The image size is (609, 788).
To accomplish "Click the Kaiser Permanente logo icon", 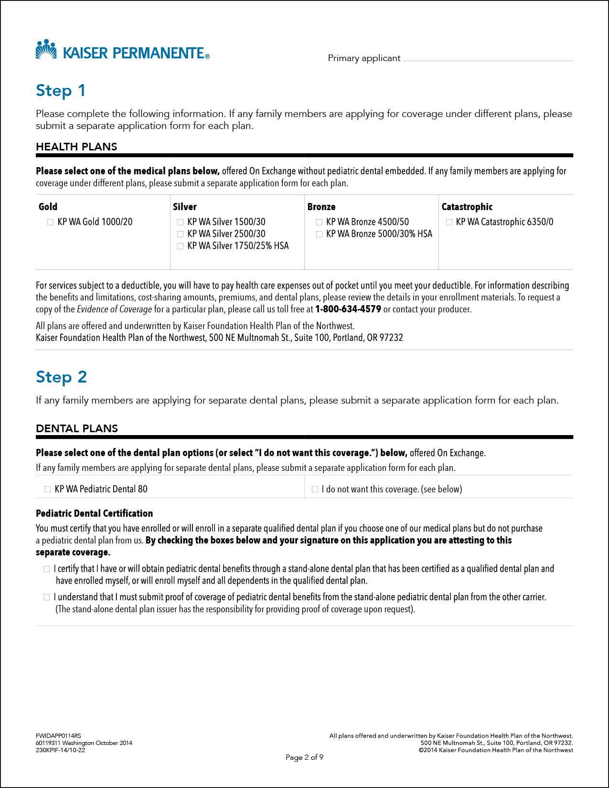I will point(46,49).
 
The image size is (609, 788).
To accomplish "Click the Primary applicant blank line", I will point(487,59).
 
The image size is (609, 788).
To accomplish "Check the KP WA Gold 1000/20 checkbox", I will point(51,222).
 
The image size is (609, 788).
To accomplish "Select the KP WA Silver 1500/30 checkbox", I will point(181,222).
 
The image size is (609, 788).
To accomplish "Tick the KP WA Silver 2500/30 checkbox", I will point(181,234).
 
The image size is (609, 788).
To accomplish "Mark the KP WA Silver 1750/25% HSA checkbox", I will point(181,246).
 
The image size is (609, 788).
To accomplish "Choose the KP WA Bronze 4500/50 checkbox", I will point(319,222).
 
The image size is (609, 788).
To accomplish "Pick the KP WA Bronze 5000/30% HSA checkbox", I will point(319,234).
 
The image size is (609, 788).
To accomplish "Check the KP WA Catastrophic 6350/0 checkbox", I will point(449,222).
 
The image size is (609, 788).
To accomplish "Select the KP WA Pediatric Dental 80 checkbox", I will point(48,489).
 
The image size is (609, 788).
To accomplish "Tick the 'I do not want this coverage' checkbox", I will point(315,489).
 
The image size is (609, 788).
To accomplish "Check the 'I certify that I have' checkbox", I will point(47,569).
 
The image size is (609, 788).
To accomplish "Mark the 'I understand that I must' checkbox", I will point(47,597).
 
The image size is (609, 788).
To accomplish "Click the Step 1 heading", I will point(61,90).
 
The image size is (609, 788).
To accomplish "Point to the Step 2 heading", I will point(61,377).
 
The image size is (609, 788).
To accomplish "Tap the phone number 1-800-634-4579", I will point(348,309).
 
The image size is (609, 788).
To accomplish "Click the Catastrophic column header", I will point(467,207).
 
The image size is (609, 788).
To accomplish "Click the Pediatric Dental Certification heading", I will point(95,513).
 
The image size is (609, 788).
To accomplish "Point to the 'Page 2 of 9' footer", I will point(304,757).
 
